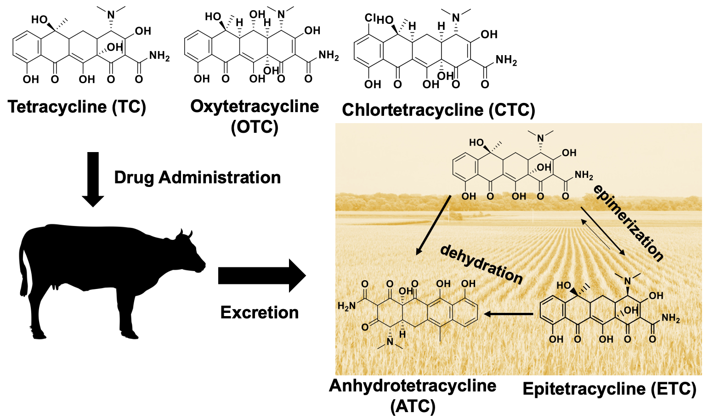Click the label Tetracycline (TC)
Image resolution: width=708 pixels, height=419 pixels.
pyautogui.click(x=77, y=107)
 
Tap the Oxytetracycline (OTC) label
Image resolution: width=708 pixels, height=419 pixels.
pyautogui.click(x=255, y=116)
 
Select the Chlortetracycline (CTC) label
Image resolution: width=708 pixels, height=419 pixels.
pyautogui.click(x=438, y=110)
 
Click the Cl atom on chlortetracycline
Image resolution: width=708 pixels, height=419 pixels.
pyautogui.click(x=370, y=18)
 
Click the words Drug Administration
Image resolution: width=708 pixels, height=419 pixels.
pyautogui.click(x=197, y=177)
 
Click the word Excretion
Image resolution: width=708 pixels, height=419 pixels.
pyautogui.click(x=259, y=312)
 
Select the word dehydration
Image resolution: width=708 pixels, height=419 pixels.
pyautogui.click(x=481, y=265)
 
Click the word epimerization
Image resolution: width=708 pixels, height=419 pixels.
pyautogui.click(x=628, y=223)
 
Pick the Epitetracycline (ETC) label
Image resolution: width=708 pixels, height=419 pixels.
pyautogui.click(x=609, y=389)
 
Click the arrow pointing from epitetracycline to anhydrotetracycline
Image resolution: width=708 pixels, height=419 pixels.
pyautogui.click(x=508, y=314)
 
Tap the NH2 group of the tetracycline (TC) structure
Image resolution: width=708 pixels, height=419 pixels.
pyautogui.click(x=159, y=57)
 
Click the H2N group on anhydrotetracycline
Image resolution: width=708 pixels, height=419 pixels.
pyautogui.click(x=347, y=306)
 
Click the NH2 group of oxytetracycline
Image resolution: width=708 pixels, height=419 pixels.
pyautogui.click(x=329, y=57)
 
